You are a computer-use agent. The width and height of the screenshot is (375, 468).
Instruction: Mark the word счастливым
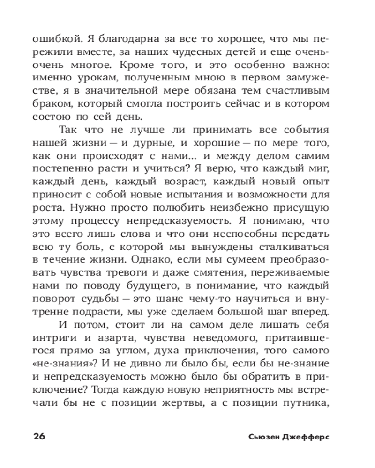tap(303, 90)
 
